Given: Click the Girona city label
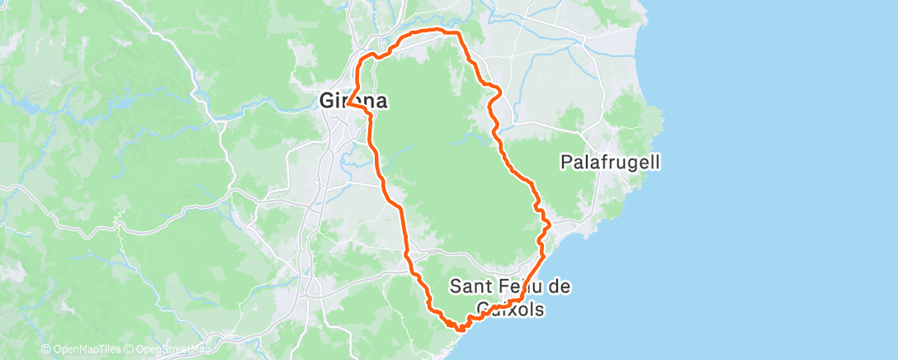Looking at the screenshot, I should [x=353, y=101].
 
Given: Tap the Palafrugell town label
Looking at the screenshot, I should [x=610, y=162].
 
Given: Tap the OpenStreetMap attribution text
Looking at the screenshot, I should [x=168, y=350].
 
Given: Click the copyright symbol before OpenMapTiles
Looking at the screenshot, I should [x=45, y=350].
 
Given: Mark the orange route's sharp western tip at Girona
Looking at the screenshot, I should [x=347, y=104].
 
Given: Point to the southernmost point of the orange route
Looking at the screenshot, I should [x=459, y=329].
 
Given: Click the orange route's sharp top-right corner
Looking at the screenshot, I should [x=456, y=32].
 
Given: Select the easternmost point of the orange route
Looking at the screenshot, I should [x=550, y=224].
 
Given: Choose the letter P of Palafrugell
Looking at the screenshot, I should [x=566, y=162].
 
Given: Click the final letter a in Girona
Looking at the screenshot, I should [x=380, y=101].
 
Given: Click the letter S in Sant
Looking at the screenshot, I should [x=456, y=287].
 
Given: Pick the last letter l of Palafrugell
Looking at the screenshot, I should [x=657, y=162].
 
